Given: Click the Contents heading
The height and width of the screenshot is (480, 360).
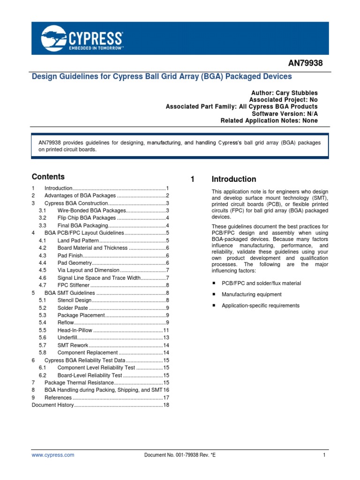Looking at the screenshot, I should (48, 177).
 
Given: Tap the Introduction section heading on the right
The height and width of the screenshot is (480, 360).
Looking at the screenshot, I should (233, 179).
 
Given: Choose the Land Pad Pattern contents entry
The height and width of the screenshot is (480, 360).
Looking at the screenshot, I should (78, 240).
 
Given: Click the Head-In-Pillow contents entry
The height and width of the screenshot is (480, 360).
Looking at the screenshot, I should (75, 330).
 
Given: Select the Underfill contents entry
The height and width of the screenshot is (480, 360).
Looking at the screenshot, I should (67, 337).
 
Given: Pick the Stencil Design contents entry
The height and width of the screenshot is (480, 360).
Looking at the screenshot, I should (75, 300).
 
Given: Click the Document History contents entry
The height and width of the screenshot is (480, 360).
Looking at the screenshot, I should (52, 405).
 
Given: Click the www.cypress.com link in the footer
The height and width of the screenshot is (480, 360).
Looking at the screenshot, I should (52, 455).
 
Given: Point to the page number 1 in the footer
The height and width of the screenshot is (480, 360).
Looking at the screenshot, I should (324, 455).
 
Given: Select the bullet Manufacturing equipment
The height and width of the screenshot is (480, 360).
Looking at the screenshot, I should (252, 294).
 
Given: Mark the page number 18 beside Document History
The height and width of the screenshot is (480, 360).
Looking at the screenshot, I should (165, 405).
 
